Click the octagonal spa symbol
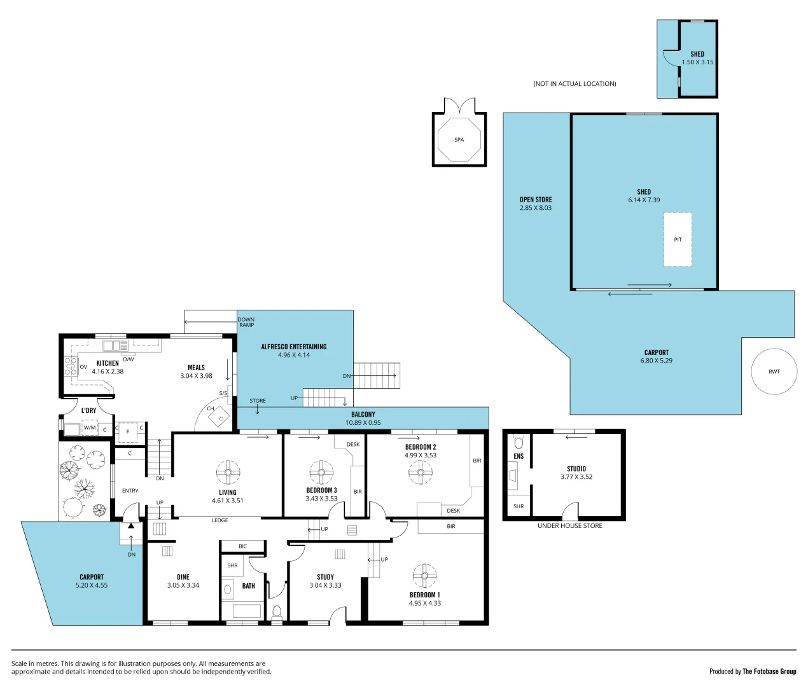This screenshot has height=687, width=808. tap(459, 139)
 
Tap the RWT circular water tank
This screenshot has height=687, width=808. tap(774, 371)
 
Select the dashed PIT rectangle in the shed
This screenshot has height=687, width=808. tap(678, 239)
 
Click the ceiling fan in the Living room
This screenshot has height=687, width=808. tap(228, 472)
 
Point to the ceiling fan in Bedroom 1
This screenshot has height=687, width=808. tap(424, 575)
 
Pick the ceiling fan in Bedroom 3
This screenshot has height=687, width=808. tap(321, 472)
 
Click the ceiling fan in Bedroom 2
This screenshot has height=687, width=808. tap(421, 472)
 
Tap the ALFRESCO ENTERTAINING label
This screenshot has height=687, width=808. tap(293, 347)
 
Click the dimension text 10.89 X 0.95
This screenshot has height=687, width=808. tap(363, 422)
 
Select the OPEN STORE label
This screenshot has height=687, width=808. tap(536, 200)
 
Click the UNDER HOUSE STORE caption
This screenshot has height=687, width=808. tap(569, 526)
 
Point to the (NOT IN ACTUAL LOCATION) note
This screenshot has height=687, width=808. tap(575, 84)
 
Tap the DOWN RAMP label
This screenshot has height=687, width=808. tap(246, 322)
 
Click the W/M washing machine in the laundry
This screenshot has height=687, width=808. tap(89, 428)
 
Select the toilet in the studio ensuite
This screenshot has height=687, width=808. tap(519, 442)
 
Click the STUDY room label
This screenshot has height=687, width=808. tap(325, 577)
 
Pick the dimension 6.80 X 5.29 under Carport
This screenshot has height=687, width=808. tap(656, 361)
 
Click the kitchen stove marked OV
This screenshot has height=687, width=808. tap(71, 367)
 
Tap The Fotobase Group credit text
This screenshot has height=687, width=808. tap(769, 671)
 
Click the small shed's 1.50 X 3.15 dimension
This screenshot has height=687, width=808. tap(697, 62)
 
